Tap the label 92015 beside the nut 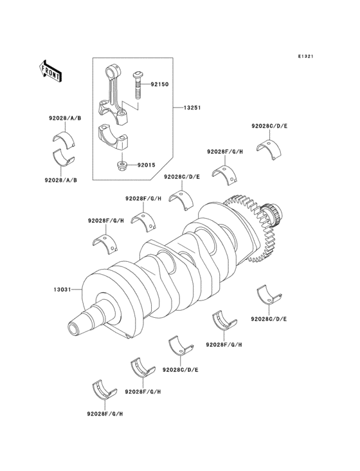146,165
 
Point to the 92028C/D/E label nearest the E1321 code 269,125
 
